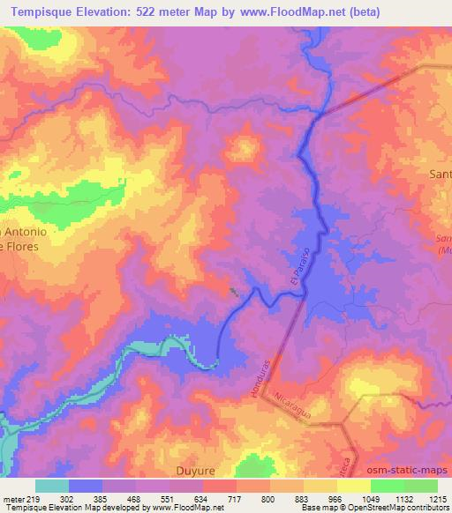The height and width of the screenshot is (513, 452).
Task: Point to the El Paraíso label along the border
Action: click(297, 264)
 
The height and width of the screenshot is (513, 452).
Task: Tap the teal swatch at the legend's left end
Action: click(52, 486)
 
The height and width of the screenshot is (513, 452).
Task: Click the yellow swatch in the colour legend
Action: click(354, 486)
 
